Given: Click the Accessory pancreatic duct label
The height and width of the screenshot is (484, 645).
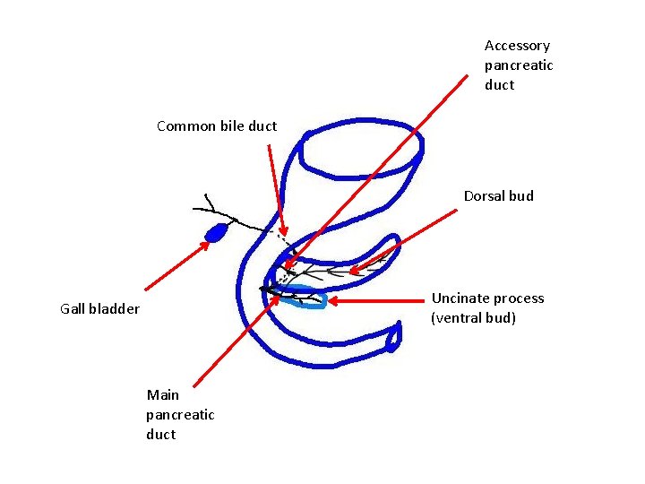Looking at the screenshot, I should [x=518, y=65].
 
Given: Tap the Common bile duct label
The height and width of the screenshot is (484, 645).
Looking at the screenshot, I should [x=217, y=126].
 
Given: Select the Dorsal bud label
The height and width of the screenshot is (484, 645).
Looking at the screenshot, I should [x=498, y=196].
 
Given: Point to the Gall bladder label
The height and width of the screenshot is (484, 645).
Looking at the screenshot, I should [x=99, y=309].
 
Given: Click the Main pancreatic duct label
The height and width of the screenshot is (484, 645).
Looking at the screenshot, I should [x=180, y=414].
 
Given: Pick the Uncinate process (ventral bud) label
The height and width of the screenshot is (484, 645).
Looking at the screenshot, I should [x=487, y=308].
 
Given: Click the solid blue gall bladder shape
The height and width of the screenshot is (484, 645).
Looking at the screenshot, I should [x=216, y=234].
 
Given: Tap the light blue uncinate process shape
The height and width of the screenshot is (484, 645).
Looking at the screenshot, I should [x=309, y=298].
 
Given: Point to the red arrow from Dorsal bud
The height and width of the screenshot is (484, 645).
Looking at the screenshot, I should [x=403, y=240].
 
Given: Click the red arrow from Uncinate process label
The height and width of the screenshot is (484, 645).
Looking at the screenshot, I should [x=376, y=302].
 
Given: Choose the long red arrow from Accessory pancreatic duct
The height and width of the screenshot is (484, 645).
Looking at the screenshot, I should [x=376, y=170].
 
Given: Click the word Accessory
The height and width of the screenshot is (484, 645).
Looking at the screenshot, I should [x=517, y=46].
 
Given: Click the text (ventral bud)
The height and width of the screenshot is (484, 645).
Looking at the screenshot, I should [x=473, y=318].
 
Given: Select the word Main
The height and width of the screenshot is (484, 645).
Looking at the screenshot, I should [x=163, y=395].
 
